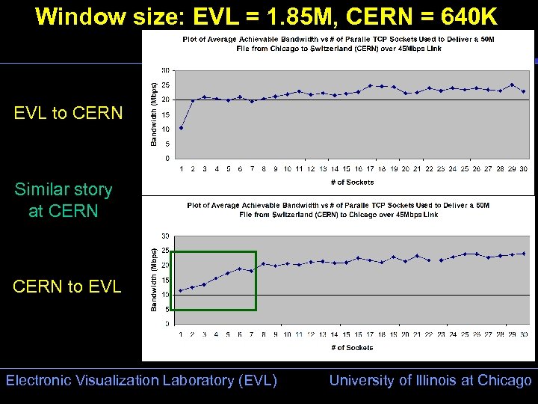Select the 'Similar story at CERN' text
click(63, 201)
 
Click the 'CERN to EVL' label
click(67, 287)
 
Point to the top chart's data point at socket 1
click(181, 128)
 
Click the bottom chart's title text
click(338, 209)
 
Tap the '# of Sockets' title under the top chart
click(351, 182)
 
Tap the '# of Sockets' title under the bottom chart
click(351, 347)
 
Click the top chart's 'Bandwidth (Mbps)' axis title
click(155, 114)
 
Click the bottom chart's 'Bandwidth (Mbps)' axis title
click(155, 280)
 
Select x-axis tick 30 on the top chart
click(523, 169)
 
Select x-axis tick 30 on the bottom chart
click(523, 334)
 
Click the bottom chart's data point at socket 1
click(181, 290)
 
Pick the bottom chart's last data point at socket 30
click(523, 254)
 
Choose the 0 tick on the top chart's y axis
click(167, 159)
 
